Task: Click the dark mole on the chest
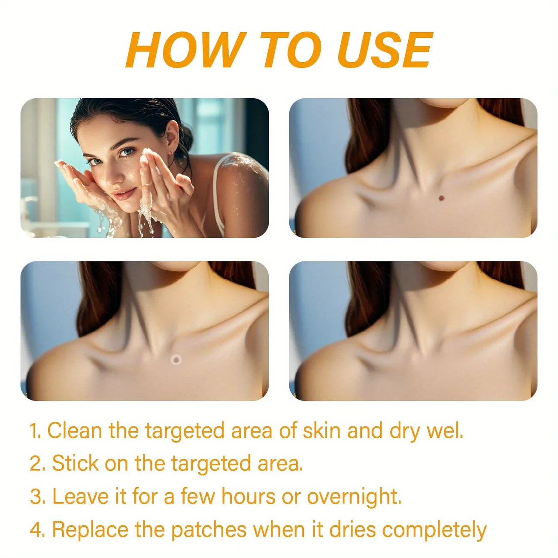click(x=441, y=198)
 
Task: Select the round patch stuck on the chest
click(x=176, y=360)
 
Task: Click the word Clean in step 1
click(x=74, y=431)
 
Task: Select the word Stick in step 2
click(x=75, y=464)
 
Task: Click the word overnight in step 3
click(x=354, y=497)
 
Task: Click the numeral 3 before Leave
click(x=37, y=497)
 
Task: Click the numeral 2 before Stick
click(x=37, y=464)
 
